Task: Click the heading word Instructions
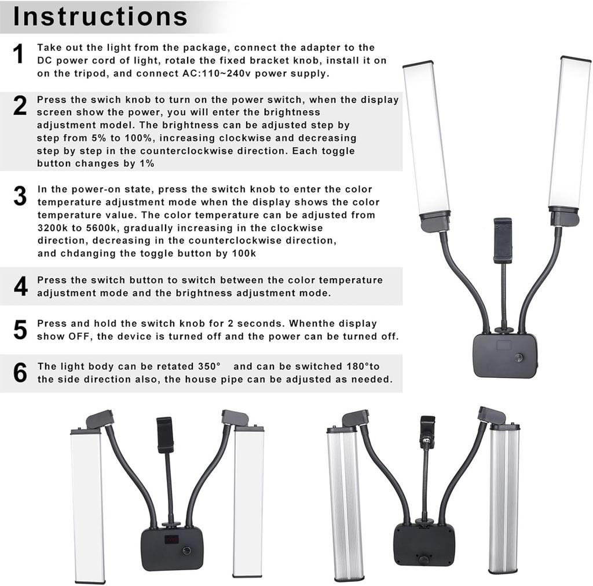coord(100,16)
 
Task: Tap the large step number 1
coord(19,54)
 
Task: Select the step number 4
coord(20,286)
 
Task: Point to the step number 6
coord(20,373)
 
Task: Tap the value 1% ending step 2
coord(145,163)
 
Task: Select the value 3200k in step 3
coord(54,227)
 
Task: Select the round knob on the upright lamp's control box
coord(519,358)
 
